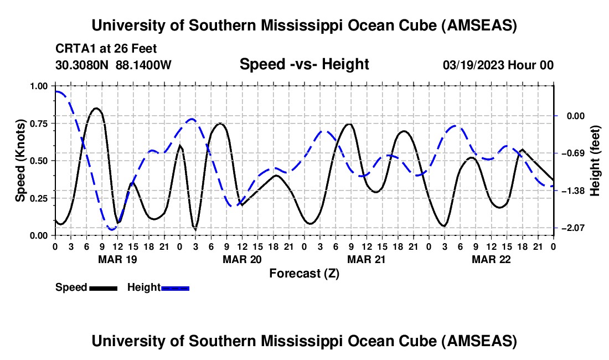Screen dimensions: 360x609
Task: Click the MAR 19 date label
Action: [x=117, y=259]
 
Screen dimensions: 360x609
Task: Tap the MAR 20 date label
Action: [x=241, y=259]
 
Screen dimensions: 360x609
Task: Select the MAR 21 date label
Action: [x=366, y=259]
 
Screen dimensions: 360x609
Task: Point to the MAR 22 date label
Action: [x=491, y=259]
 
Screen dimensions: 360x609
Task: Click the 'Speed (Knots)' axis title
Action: [x=20, y=161]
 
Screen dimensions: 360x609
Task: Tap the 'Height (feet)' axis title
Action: [x=595, y=161]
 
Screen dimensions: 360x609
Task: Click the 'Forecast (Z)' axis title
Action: [x=304, y=273]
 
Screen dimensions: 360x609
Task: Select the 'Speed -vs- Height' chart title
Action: [x=304, y=64]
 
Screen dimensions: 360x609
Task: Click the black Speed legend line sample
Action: [x=103, y=287]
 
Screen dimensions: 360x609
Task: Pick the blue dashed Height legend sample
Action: [x=175, y=287]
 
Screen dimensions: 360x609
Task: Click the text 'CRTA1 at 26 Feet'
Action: [x=106, y=49]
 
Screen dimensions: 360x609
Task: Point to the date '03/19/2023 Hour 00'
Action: [x=498, y=65]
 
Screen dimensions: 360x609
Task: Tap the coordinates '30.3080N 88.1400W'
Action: [x=113, y=65]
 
